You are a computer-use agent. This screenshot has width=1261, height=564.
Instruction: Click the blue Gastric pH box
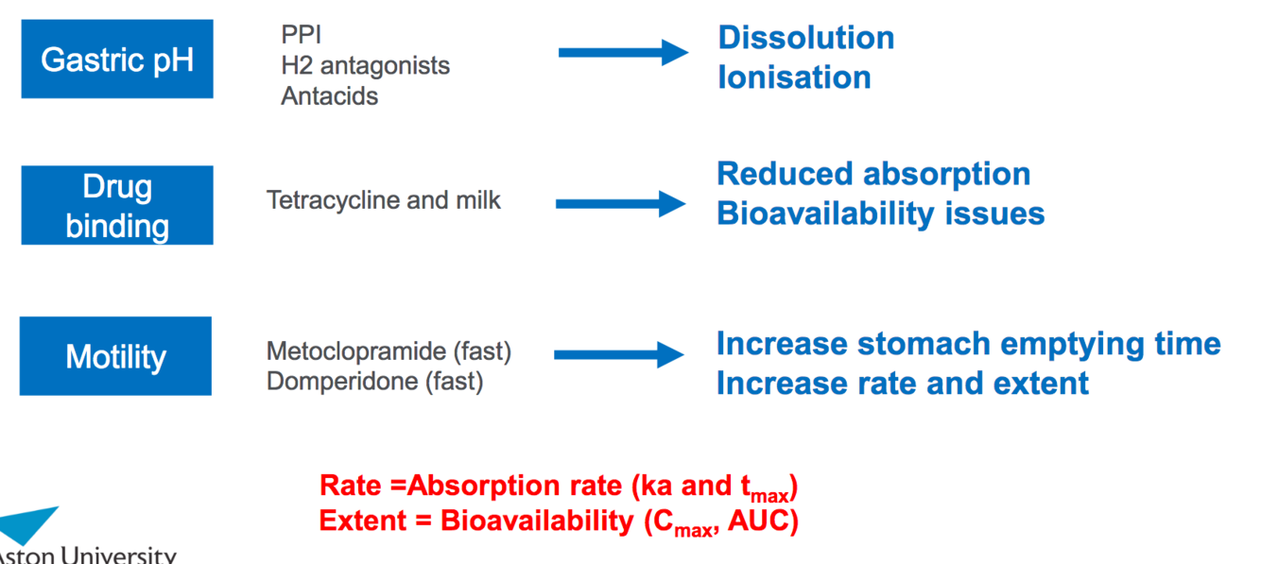point(117,59)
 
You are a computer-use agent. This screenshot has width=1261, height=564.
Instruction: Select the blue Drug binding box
point(117,205)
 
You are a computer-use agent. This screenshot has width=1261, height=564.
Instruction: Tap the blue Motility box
point(115,356)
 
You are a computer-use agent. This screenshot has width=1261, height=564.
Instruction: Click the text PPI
point(301,35)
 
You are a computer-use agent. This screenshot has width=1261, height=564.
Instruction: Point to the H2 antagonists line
point(365,65)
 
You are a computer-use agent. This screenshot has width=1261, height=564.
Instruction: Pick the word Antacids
point(329,96)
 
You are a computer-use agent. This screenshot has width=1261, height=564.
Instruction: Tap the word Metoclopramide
point(355,351)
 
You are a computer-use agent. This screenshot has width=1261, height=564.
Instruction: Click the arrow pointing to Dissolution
point(623,52)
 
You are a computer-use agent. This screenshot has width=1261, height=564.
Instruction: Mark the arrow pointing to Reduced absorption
point(620,203)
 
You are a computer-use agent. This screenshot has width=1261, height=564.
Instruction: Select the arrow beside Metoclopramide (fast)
point(618,355)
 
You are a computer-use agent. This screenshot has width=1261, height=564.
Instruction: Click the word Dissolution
point(805,38)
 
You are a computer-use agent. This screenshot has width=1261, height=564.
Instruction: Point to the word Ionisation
point(794,77)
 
